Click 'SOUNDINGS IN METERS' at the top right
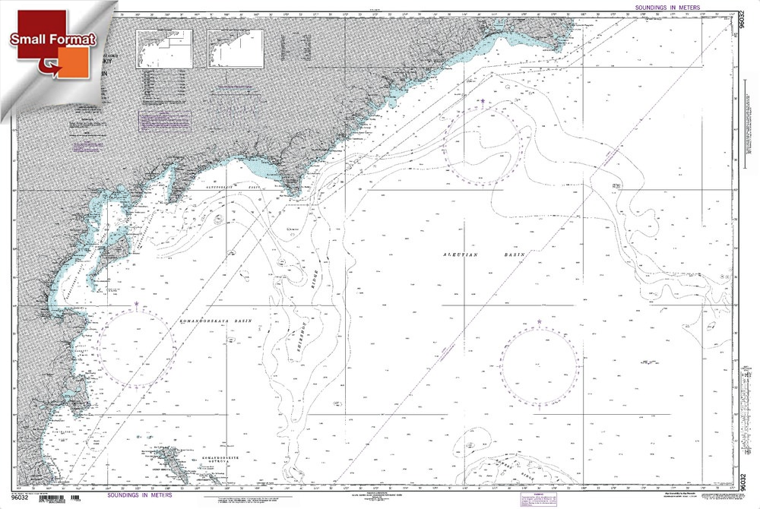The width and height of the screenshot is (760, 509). (x=662, y=7)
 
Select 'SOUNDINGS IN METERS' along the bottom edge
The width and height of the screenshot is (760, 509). (x=138, y=495)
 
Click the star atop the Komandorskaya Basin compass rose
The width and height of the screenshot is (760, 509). (x=136, y=304)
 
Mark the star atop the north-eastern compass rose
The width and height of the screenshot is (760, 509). (x=482, y=100)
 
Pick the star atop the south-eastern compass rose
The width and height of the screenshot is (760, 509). (x=540, y=322)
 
